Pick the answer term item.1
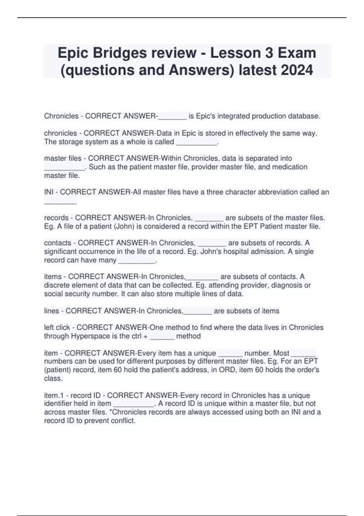52,395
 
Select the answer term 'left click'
57,328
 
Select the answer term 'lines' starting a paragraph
52,311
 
